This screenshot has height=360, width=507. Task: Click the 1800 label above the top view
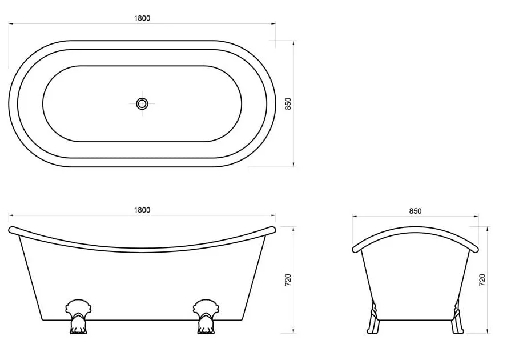pyautogui.click(x=142, y=18)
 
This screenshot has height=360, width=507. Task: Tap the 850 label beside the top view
pyautogui.click(x=288, y=103)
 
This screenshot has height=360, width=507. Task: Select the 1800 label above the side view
pyautogui.click(x=142, y=210)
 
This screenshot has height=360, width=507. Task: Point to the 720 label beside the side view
pyautogui.click(x=288, y=279)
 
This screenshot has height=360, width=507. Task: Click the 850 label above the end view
pyautogui.click(x=415, y=211)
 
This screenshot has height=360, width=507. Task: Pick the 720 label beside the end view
pyautogui.click(x=482, y=279)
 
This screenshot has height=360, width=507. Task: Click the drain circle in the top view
pyautogui.click(x=142, y=103)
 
